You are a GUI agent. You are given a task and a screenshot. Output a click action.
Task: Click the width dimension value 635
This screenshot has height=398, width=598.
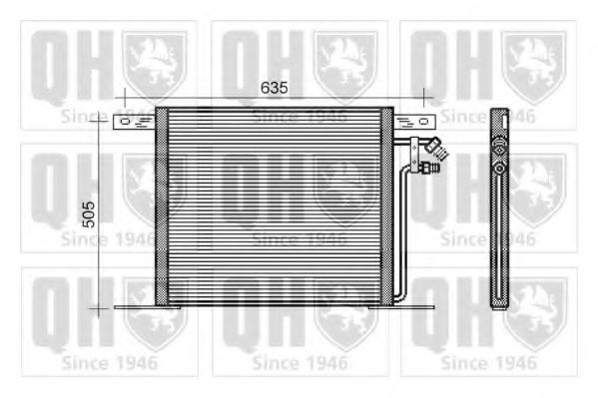tap(274, 88)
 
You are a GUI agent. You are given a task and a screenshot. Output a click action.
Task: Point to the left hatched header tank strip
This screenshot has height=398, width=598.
tap(161, 206)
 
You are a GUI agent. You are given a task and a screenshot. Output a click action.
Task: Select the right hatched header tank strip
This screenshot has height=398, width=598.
tap(387, 206)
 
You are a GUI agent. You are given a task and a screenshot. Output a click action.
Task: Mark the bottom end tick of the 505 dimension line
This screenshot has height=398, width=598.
tap(98, 308)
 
